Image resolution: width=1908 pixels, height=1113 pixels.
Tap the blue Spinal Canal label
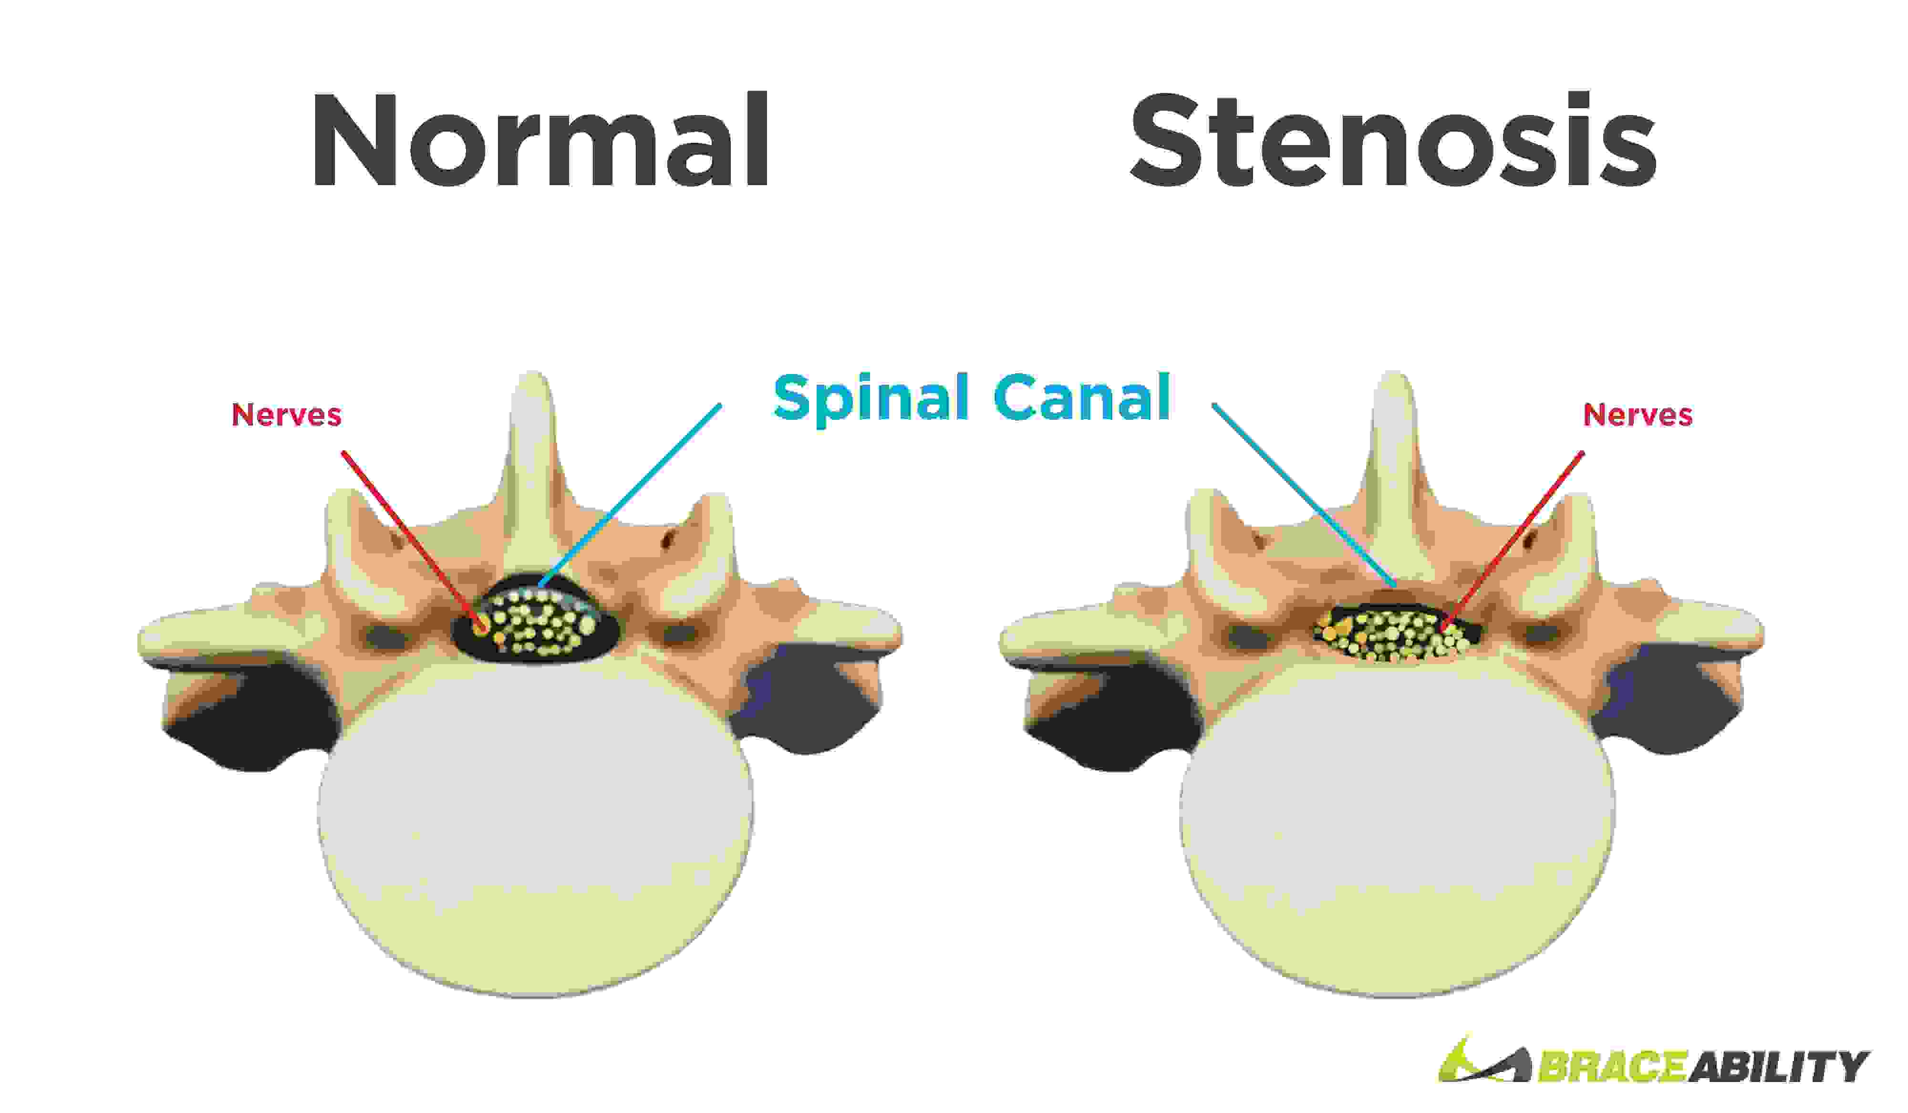click(x=972, y=397)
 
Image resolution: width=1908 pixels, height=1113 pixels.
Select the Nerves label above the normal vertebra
click(x=286, y=415)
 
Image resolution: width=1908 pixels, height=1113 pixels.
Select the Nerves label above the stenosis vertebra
click(x=1637, y=415)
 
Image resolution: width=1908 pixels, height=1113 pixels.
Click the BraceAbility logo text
click(x=1703, y=1066)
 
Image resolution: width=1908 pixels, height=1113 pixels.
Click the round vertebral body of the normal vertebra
click(x=535, y=825)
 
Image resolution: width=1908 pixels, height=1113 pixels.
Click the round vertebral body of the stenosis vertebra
click(x=1397, y=825)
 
